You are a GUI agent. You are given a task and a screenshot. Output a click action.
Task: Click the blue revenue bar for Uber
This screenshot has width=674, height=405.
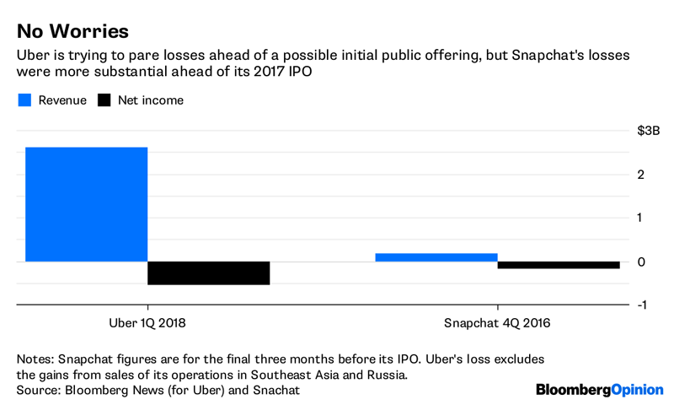coord(86,204)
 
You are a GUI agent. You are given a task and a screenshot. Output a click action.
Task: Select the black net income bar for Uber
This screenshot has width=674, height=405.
coord(208,273)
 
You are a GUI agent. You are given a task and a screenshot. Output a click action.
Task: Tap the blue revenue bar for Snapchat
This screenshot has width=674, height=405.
coord(436,257)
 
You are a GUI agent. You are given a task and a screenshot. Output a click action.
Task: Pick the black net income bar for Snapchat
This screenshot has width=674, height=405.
coord(558,265)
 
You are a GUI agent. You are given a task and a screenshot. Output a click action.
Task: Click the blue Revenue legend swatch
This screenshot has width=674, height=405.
coord(25,100)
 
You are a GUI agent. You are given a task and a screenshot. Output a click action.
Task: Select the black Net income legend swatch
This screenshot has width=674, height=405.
coord(104,100)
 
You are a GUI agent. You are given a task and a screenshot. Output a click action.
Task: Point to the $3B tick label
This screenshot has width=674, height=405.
coord(648,131)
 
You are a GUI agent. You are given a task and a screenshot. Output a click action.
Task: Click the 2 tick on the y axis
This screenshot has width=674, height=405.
coord(643,175)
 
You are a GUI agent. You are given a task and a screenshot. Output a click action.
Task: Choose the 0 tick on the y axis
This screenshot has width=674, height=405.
coord(643,262)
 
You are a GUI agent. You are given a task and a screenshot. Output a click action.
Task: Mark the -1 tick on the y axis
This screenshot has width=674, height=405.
coord(641,305)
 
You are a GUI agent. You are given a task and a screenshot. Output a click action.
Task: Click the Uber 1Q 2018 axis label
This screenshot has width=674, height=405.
coord(147,323)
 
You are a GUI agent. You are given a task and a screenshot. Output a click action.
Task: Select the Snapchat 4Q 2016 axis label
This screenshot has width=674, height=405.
coord(497,323)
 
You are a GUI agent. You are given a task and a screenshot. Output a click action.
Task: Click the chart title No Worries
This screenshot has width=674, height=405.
coord(72,31)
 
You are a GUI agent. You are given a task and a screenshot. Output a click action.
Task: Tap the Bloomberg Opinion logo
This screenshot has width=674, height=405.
coord(599,390)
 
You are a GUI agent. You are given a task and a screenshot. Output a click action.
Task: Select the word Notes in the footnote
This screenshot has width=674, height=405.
coord(36,359)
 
